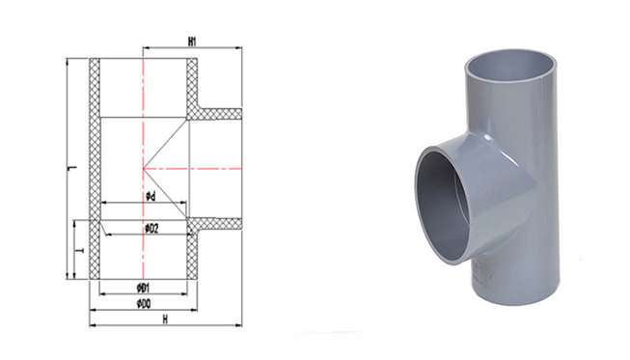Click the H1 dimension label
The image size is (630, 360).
click(192, 42)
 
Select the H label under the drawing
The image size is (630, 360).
click(165, 319)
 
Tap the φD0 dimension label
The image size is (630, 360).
click(144, 304)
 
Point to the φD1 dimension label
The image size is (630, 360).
click(143, 288)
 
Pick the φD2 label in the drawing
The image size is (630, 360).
click(151, 229)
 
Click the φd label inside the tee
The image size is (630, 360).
click(151, 197)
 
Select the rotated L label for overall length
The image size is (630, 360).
click(72, 168)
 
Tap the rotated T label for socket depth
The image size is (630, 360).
click(81, 250)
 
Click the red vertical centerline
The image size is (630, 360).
click(143, 169)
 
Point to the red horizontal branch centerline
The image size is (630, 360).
click(192, 169)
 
